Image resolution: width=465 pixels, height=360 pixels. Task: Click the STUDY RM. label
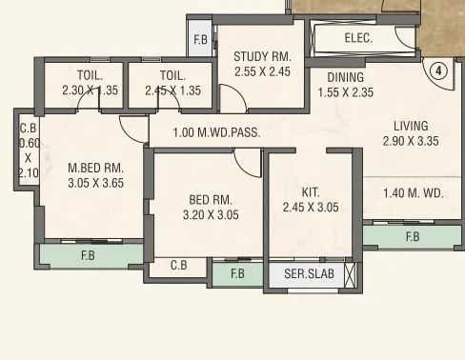click(x=262, y=56)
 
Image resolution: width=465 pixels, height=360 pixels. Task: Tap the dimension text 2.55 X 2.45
click(x=262, y=71)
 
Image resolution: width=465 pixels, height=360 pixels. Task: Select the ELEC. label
click(x=357, y=39)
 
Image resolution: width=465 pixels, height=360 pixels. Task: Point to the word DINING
click(x=346, y=77)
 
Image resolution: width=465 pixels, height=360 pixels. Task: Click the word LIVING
click(x=411, y=126)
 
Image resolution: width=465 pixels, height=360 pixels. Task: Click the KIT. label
click(x=310, y=191)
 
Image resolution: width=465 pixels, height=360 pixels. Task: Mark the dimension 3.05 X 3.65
click(x=95, y=184)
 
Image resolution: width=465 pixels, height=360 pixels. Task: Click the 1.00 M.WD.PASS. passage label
click(x=216, y=132)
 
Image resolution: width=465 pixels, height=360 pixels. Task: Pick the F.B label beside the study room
click(x=200, y=40)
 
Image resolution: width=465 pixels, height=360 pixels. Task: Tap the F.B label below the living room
click(x=412, y=236)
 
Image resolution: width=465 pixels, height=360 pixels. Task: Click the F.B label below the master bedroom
click(x=87, y=255)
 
